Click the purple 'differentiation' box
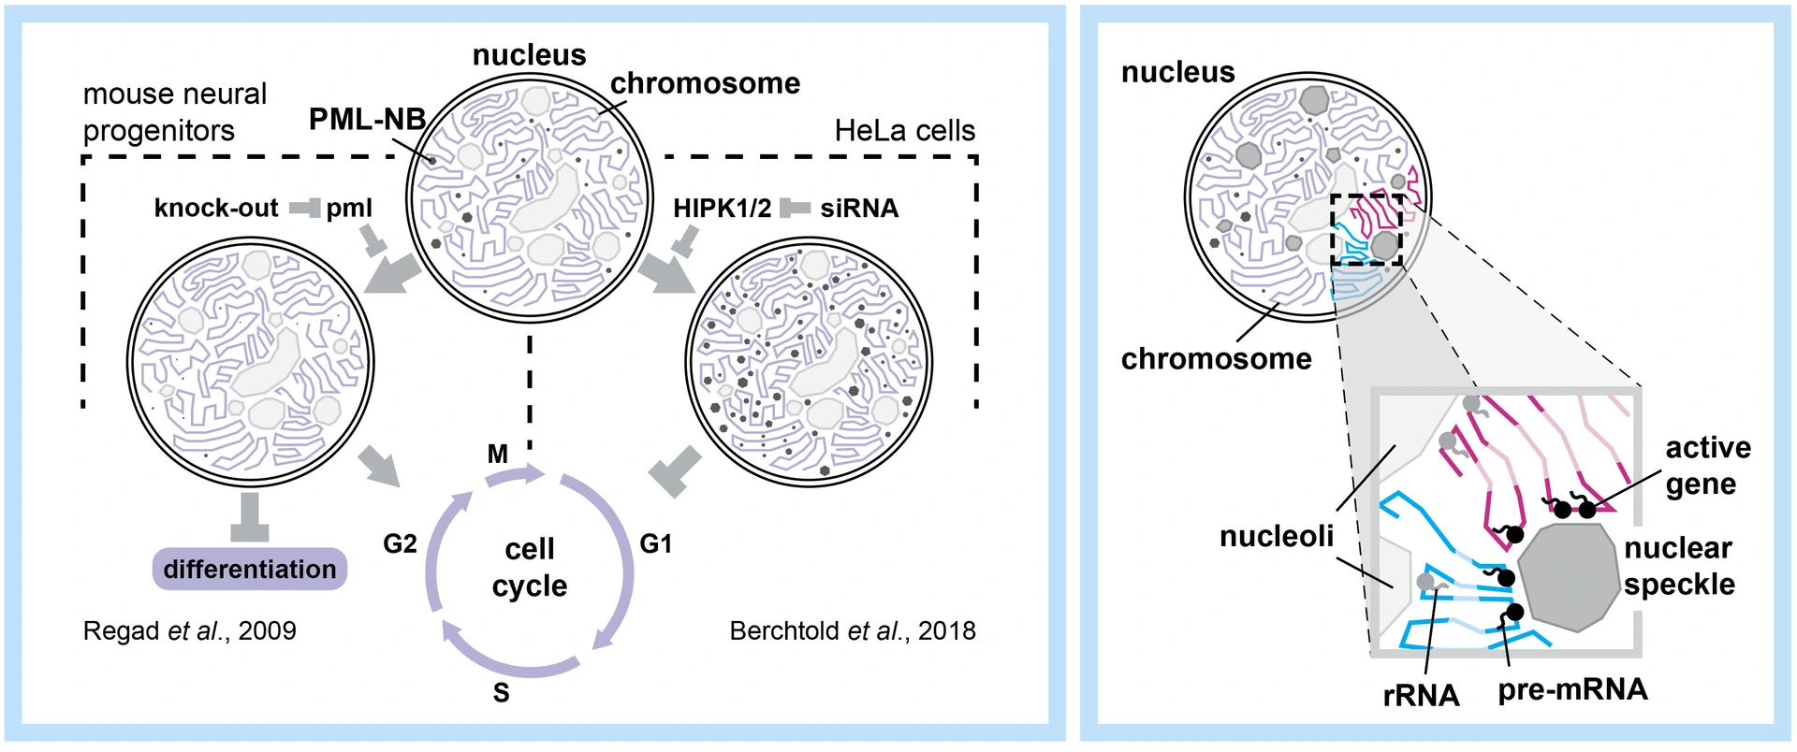(x=249, y=569)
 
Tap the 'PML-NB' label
(x=367, y=119)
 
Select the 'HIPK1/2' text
(x=722, y=208)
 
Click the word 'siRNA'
(x=859, y=208)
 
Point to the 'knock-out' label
(x=216, y=208)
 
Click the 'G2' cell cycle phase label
(x=400, y=543)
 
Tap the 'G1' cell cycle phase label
(x=655, y=543)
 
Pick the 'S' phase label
(x=502, y=693)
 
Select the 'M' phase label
(x=498, y=455)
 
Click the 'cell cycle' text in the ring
(x=530, y=567)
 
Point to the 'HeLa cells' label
(x=904, y=131)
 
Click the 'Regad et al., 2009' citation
(x=189, y=630)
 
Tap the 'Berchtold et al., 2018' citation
(x=852, y=630)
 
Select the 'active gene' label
(x=1706, y=466)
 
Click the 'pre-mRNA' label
(x=1572, y=689)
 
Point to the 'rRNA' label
(x=1421, y=695)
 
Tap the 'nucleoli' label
(x=1277, y=536)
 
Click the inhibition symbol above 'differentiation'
(x=249, y=517)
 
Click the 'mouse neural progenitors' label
(x=175, y=112)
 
